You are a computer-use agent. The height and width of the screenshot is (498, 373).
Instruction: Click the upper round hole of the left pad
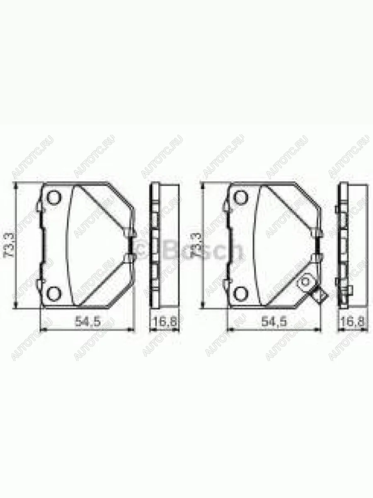click(x=53, y=198)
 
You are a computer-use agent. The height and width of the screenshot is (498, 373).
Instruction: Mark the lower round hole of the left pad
click(x=53, y=293)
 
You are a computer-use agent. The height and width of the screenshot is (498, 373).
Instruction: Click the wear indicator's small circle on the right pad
click(x=305, y=282)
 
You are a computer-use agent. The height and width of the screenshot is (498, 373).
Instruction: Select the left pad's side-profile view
click(x=160, y=246)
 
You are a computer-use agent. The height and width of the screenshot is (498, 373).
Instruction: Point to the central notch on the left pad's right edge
click(x=132, y=246)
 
